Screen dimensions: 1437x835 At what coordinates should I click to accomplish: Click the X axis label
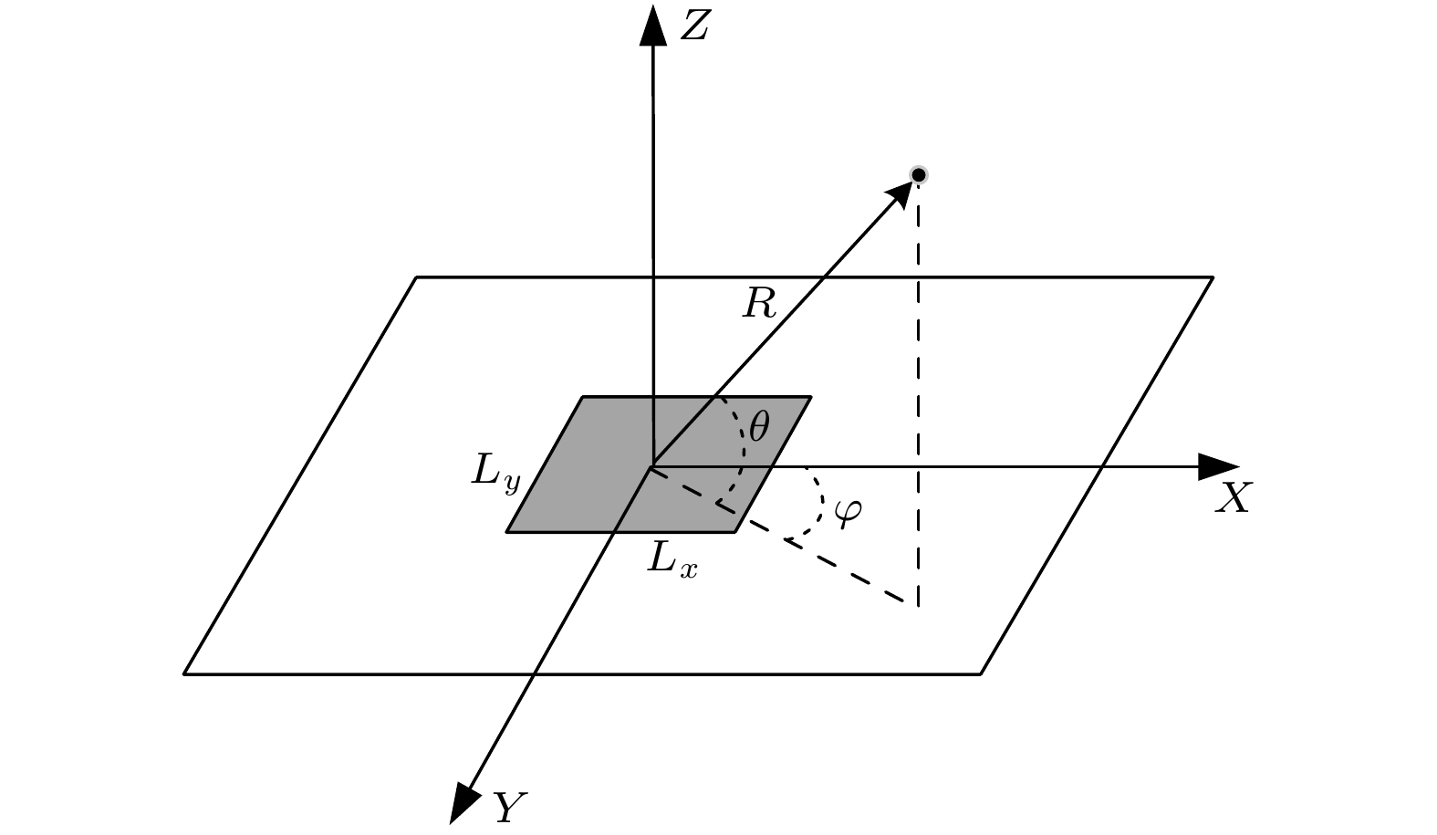(x=1233, y=497)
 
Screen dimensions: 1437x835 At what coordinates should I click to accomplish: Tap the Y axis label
(x=509, y=808)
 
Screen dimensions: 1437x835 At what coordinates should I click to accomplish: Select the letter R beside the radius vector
(x=759, y=304)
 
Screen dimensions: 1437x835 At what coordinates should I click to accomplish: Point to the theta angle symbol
(x=758, y=427)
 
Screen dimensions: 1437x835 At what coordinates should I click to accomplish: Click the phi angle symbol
(x=849, y=513)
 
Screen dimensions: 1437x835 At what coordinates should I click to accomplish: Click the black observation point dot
(x=919, y=174)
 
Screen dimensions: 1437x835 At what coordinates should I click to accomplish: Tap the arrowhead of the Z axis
(x=653, y=26)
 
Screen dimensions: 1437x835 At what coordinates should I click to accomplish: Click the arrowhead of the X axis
(x=1219, y=466)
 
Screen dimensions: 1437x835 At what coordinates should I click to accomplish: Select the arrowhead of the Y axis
(x=463, y=802)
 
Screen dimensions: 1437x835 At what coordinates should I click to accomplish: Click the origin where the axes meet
(x=653, y=466)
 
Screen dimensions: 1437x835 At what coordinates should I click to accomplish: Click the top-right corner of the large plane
(x=1213, y=277)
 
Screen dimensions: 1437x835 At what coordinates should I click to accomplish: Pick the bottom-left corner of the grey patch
(x=506, y=532)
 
